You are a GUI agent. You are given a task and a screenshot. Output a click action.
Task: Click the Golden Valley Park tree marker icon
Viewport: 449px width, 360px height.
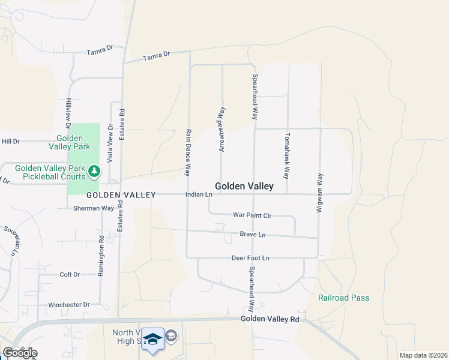click(x=94, y=172)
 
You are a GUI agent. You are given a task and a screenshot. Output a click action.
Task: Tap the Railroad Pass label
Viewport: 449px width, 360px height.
click(x=343, y=298)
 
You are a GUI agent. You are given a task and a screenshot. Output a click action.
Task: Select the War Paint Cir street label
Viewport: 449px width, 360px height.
click(x=252, y=215)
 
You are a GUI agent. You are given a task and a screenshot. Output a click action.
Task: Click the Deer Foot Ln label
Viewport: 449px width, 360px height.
click(x=250, y=258)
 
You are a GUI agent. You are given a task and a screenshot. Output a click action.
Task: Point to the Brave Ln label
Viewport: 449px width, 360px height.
click(x=252, y=235)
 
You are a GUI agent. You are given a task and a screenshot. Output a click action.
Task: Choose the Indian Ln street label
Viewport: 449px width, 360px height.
click(x=199, y=194)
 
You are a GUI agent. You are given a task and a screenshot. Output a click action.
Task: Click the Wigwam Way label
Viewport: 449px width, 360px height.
click(x=320, y=191)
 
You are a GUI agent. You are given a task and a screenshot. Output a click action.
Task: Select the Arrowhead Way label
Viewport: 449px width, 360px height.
click(x=222, y=128)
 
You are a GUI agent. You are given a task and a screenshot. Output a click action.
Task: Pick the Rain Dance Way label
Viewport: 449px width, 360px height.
click(x=188, y=152)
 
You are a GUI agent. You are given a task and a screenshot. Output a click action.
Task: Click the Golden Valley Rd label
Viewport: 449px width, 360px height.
click(x=270, y=320)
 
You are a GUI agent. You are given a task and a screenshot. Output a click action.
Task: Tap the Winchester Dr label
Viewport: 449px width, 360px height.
click(x=69, y=305)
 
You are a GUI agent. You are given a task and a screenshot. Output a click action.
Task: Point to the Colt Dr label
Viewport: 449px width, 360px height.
click(x=70, y=274)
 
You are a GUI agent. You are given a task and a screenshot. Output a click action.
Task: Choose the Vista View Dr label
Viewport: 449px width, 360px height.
click(x=110, y=143)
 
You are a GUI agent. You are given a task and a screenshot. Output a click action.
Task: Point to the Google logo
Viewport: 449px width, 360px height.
click(x=20, y=353)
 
